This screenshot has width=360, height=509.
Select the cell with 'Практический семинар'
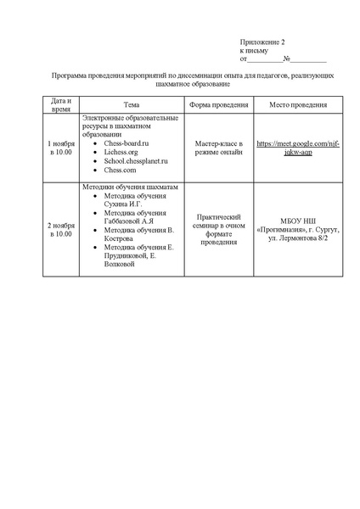coord(218,229)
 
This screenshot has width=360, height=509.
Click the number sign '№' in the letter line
coord(287,59)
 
